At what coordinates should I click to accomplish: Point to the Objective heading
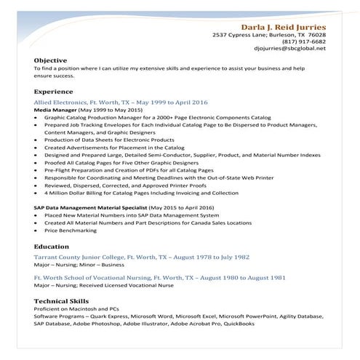pos(50,60)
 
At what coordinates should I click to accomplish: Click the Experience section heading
pos(53,92)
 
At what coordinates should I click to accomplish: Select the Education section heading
pos(52,247)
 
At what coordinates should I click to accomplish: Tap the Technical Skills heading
pos(61,300)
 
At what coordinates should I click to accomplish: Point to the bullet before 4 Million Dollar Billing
pos(36,193)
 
